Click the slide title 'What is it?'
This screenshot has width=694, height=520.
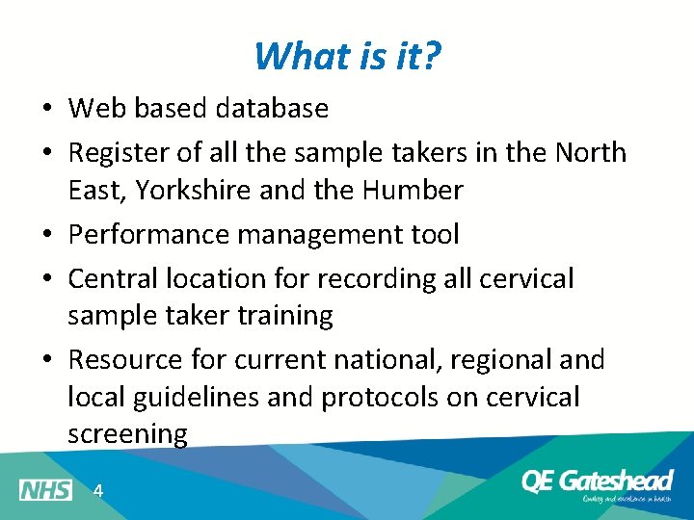348,56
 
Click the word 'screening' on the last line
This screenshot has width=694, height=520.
127,434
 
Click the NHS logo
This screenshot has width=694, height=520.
45,490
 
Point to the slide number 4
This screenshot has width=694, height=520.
97,491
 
